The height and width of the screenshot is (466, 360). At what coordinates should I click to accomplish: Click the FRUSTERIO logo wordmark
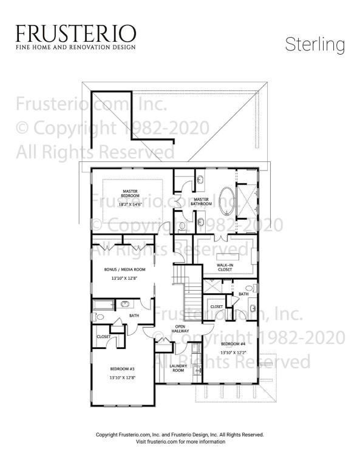76,33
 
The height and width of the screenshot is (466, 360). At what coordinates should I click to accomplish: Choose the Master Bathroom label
202,201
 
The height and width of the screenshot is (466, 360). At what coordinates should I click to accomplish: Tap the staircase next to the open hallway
191,297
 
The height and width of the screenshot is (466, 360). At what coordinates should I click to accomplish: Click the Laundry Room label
178,368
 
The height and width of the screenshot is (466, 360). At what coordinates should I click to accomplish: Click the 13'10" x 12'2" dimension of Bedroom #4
233,352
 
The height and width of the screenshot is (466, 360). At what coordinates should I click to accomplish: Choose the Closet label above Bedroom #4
216,307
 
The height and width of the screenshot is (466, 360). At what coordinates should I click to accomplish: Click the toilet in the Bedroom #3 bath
100,317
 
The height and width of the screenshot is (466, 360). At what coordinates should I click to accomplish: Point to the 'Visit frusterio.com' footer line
180,442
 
